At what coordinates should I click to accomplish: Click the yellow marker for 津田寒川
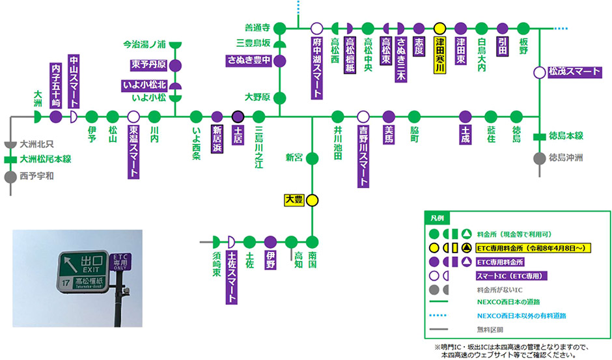439,29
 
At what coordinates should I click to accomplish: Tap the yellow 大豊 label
294,200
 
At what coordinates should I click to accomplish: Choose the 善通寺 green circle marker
280,29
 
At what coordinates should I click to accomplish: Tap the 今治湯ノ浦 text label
145,45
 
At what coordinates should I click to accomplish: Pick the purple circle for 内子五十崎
56,117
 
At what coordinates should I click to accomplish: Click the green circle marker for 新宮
312,158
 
